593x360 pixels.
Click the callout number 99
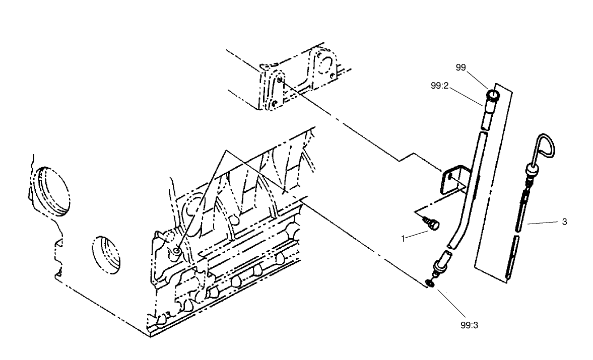[460, 67]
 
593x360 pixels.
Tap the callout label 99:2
[439, 86]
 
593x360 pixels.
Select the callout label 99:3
[469, 325]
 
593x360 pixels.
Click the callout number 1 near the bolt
[404, 238]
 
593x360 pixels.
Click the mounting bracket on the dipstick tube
[449, 179]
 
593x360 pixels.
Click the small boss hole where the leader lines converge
[175, 250]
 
